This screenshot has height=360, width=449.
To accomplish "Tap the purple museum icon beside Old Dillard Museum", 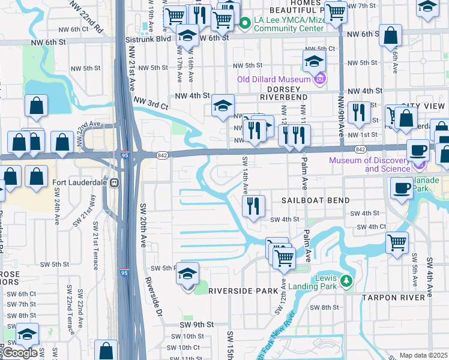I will point(319,78).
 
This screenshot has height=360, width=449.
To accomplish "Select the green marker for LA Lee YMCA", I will point(245,23).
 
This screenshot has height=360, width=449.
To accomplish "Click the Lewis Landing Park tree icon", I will point(345,281).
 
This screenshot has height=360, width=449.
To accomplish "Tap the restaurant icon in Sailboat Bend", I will point(253,206).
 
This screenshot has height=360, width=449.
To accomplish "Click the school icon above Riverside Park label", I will point(188,273).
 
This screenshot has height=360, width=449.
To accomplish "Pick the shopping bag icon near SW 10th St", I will point(106,350).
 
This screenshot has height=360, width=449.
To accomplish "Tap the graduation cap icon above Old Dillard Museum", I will point(314,61).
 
